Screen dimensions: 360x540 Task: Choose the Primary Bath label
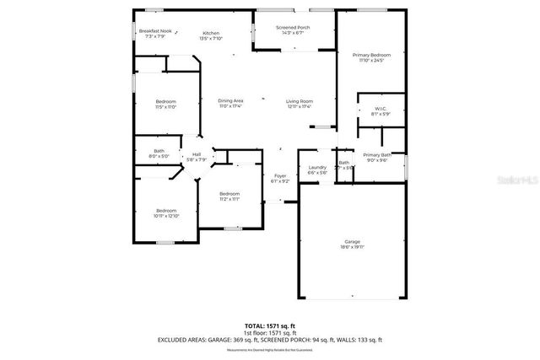pyautogui.click(x=377, y=158)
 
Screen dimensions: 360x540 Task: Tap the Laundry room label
pyautogui.click(x=317, y=169)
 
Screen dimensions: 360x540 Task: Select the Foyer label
pyautogui.click(x=280, y=178)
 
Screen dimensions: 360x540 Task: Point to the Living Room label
pyautogui.click(x=300, y=104)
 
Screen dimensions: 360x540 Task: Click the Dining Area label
pyautogui.click(x=230, y=104)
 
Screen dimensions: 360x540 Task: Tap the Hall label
pyautogui.click(x=197, y=157)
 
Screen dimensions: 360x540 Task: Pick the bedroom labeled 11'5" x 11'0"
pyautogui.click(x=165, y=105)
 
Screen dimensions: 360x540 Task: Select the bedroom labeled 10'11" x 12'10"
pyautogui.click(x=165, y=213)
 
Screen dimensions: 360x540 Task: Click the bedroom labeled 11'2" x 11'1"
pyautogui.click(x=229, y=196)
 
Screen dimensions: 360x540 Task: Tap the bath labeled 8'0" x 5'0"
pyautogui.click(x=159, y=153)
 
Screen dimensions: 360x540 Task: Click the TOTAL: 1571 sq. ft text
pyautogui.click(x=269, y=325)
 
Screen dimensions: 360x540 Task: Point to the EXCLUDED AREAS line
pyautogui.click(x=269, y=340)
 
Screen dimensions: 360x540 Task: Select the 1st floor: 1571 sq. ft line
pyautogui.click(x=269, y=332)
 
